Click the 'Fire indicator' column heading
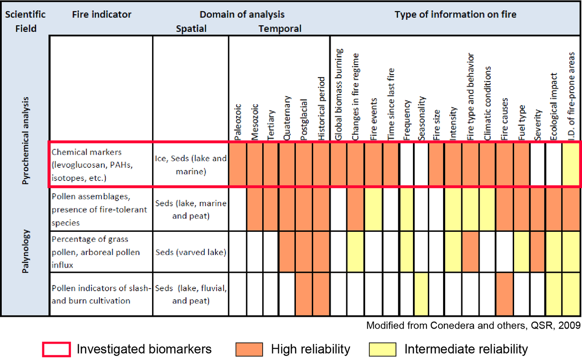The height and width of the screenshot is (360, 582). pos(102,14)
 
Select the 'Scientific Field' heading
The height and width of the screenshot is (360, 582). pos(25,21)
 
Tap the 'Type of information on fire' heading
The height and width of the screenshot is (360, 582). pos(455,14)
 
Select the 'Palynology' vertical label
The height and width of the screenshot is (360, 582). pos(25,252)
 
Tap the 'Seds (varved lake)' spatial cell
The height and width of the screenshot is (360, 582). pos(190,252)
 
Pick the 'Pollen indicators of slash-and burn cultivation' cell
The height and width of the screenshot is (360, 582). pos(101,295)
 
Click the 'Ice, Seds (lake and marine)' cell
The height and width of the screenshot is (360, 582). pos(190,165)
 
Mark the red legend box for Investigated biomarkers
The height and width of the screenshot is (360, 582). pos(56,349)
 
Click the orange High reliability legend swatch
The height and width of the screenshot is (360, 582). pos(249,349)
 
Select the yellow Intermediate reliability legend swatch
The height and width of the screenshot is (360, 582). pos(382,349)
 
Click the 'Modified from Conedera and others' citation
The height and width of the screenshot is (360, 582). pos(473,325)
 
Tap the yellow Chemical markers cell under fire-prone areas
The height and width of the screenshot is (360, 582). pos(572,165)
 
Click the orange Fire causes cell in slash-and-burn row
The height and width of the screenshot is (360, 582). pos(504,295)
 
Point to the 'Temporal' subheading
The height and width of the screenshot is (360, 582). pos(280,29)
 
